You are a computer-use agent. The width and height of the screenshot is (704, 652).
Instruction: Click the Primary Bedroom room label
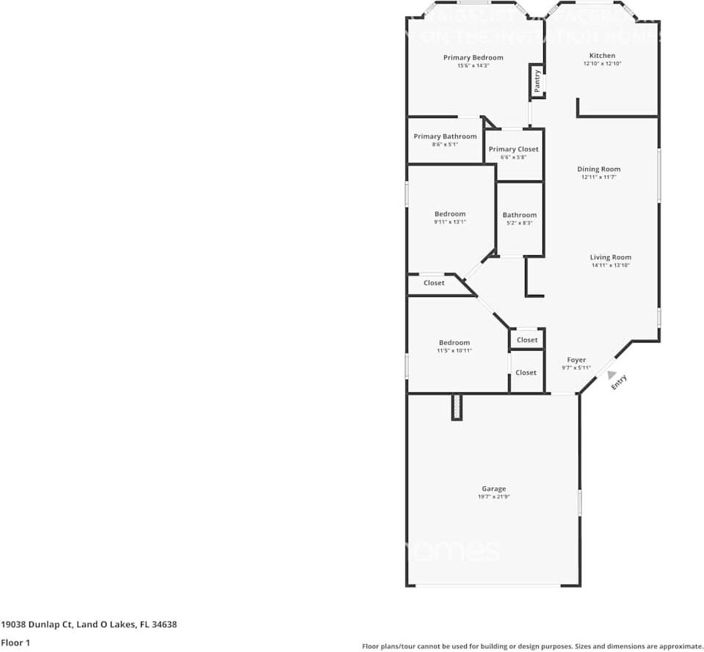pyautogui.click(x=473, y=57)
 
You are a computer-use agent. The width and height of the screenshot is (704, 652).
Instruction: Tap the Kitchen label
pyautogui.click(x=602, y=56)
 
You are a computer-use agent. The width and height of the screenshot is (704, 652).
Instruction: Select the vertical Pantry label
pyautogui.click(x=537, y=80)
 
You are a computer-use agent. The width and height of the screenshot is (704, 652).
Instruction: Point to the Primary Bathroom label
pyautogui.click(x=445, y=136)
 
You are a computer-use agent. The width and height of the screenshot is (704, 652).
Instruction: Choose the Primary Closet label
pyautogui.click(x=513, y=149)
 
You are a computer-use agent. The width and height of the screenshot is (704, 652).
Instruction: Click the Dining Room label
pyautogui.click(x=598, y=169)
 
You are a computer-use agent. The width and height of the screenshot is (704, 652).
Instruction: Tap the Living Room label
pyautogui.click(x=610, y=257)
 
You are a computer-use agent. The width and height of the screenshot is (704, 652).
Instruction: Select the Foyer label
pyautogui.click(x=576, y=360)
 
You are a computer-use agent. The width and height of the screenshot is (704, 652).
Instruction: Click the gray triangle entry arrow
pyautogui.click(x=612, y=374)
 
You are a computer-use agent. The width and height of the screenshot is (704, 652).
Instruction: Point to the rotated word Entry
pyautogui.click(x=620, y=382)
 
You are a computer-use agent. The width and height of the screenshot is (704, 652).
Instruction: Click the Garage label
pyautogui.click(x=493, y=488)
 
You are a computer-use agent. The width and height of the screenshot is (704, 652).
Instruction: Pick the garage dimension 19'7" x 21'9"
pyautogui.click(x=493, y=497)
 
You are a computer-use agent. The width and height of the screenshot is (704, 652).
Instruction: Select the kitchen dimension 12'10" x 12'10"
pyautogui.click(x=602, y=65)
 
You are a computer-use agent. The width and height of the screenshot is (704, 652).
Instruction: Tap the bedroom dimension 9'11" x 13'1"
pyautogui.click(x=449, y=222)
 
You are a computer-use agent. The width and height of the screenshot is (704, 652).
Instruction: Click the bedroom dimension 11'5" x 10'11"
pyautogui.click(x=454, y=351)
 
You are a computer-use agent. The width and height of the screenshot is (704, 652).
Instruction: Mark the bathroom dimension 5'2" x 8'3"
pyautogui.click(x=519, y=223)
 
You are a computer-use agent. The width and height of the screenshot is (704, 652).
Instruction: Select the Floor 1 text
pyautogui.click(x=15, y=642)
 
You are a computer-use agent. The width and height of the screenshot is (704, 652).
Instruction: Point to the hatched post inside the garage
pyautogui.click(x=457, y=407)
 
